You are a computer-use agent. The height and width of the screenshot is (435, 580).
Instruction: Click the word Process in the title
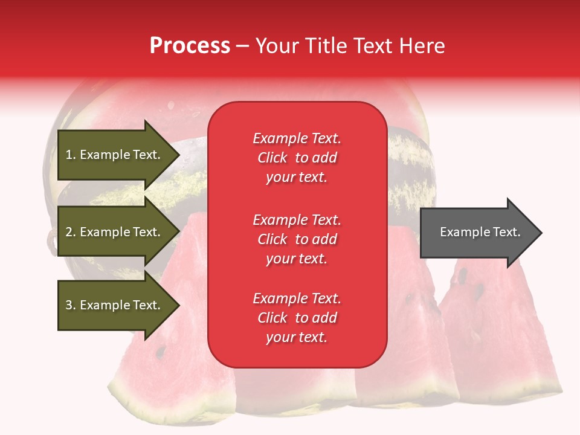[x=190, y=45]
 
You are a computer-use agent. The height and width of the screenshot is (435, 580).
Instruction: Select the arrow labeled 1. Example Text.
[x=115, y=155]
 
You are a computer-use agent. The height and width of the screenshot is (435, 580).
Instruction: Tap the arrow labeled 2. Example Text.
[x=115, y=232]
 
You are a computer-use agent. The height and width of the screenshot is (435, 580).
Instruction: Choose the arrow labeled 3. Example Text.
[x=115, y=305]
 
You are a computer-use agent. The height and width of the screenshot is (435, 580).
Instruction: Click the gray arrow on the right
[x=477, y=233]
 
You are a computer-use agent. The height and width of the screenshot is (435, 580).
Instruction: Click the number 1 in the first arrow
[x=69, y=155]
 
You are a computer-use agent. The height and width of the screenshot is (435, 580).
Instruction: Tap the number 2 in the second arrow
[x=69, y=232]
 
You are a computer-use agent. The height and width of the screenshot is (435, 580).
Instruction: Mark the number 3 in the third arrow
[x=69, y=305]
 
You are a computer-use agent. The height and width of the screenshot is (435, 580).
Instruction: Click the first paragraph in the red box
[x=297, y=158]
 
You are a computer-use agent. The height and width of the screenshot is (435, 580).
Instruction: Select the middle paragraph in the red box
[x=297, y=239]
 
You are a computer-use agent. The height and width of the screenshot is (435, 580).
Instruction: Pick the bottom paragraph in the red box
[x=297, y=318]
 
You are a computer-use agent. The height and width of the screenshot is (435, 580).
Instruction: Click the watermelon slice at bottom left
[x=169, y=375]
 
